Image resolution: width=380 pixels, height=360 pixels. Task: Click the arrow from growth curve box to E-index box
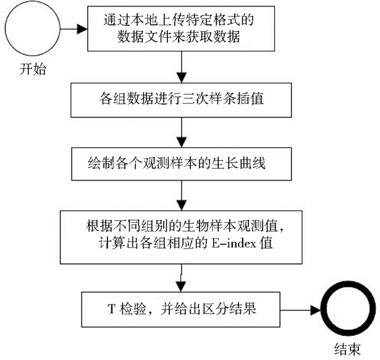180,198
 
